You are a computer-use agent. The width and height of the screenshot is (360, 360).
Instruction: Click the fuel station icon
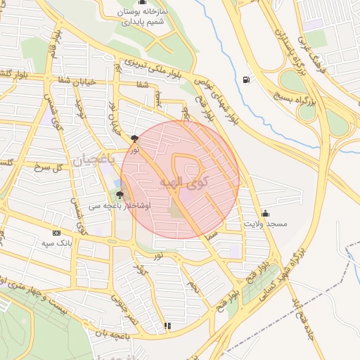[245, 79]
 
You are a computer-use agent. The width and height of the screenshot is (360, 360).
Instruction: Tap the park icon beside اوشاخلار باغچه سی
[120, 195]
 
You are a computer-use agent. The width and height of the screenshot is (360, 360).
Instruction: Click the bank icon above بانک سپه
[57, 233]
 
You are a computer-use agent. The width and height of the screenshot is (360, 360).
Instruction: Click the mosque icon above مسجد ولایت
[265, 212]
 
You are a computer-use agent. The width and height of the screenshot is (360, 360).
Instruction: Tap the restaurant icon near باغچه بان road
[167, 326]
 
